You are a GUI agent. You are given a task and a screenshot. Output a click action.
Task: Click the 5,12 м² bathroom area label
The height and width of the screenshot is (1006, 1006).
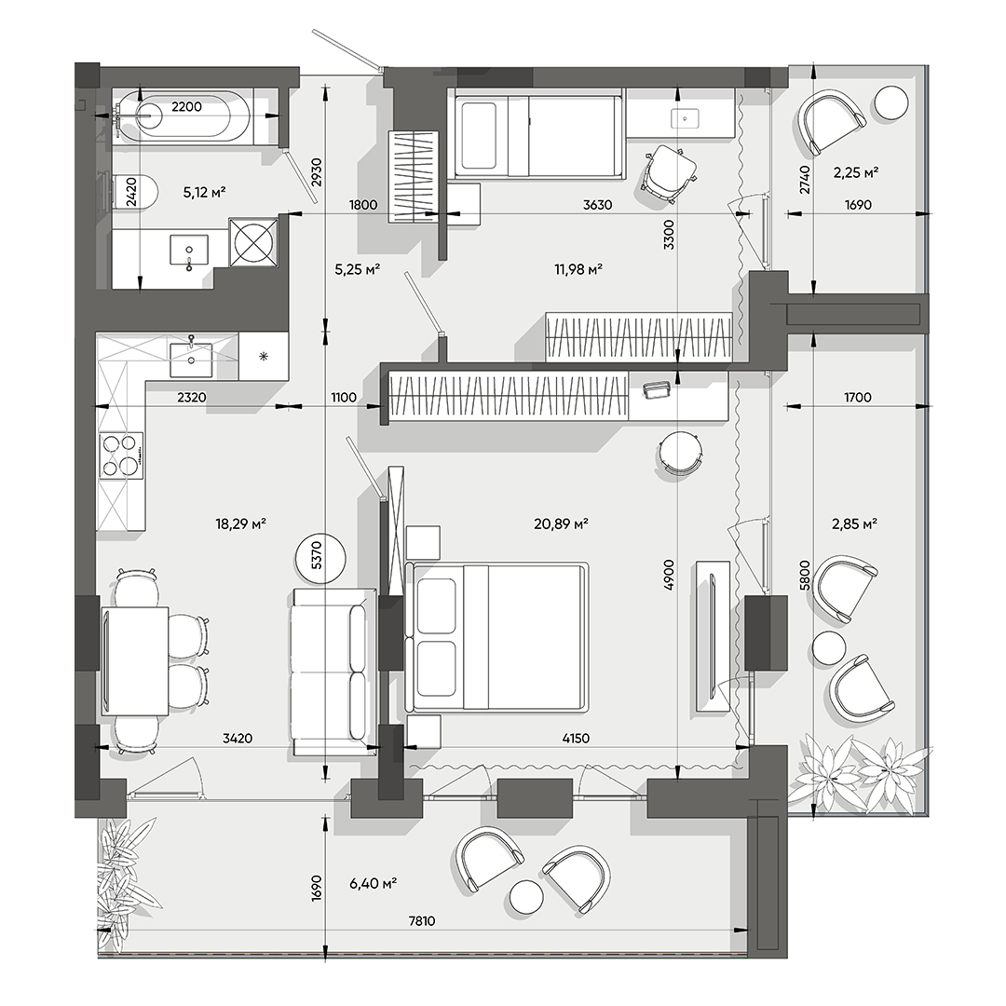pyautogui.click(x=206, y=192)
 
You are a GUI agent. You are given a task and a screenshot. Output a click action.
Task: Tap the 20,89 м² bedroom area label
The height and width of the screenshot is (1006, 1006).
pyautogui.click(x=560, y=524)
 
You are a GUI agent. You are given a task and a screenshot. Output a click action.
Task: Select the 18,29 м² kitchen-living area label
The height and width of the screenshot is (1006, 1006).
pyautogui.click(x=241, y=524)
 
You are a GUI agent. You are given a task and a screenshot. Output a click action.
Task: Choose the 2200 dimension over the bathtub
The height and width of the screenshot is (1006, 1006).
pyautogui.click(x=186, y=107)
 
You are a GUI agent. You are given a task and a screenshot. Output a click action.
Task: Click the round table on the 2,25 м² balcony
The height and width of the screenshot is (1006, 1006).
pyautogui.click(x=891, y=102)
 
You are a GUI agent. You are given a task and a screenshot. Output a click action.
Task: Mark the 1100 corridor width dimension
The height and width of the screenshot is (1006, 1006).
pyautogui.click(x=343, y=398)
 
